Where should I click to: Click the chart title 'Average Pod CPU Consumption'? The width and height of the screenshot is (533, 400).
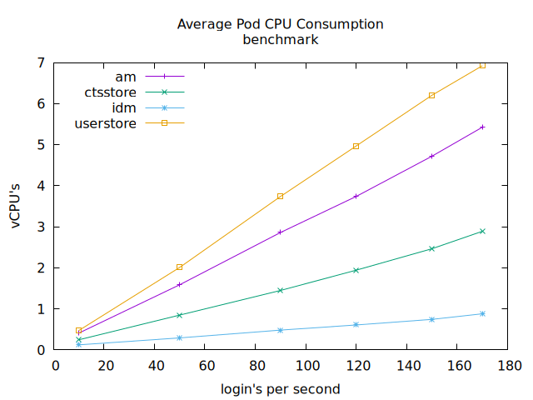coord(280,24)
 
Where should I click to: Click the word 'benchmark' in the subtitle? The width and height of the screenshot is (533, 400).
coord(280,38)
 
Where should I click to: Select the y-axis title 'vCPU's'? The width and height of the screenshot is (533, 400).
coord(17,206)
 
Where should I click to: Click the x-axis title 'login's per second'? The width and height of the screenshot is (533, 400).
coord(280,388)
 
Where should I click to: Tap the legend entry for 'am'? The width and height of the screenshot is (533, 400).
coord(125,77)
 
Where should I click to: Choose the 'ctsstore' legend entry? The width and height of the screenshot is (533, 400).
coord(110,92)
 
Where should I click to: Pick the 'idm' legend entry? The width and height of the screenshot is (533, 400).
coord(124,108)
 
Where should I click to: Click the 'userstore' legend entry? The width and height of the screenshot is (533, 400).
coord(106,123)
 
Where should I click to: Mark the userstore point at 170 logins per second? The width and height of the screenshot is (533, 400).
coord(482,65)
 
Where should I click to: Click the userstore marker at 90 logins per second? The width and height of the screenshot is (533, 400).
coord(280,196)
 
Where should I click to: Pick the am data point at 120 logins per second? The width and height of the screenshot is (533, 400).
coord(356,197)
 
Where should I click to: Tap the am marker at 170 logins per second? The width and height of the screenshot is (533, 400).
coord(482,127)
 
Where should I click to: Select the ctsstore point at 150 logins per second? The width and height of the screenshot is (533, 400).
coord(431,248)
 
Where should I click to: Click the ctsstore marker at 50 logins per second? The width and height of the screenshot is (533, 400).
coord(179,315)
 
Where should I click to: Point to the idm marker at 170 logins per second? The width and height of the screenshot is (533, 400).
coord(482,313)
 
